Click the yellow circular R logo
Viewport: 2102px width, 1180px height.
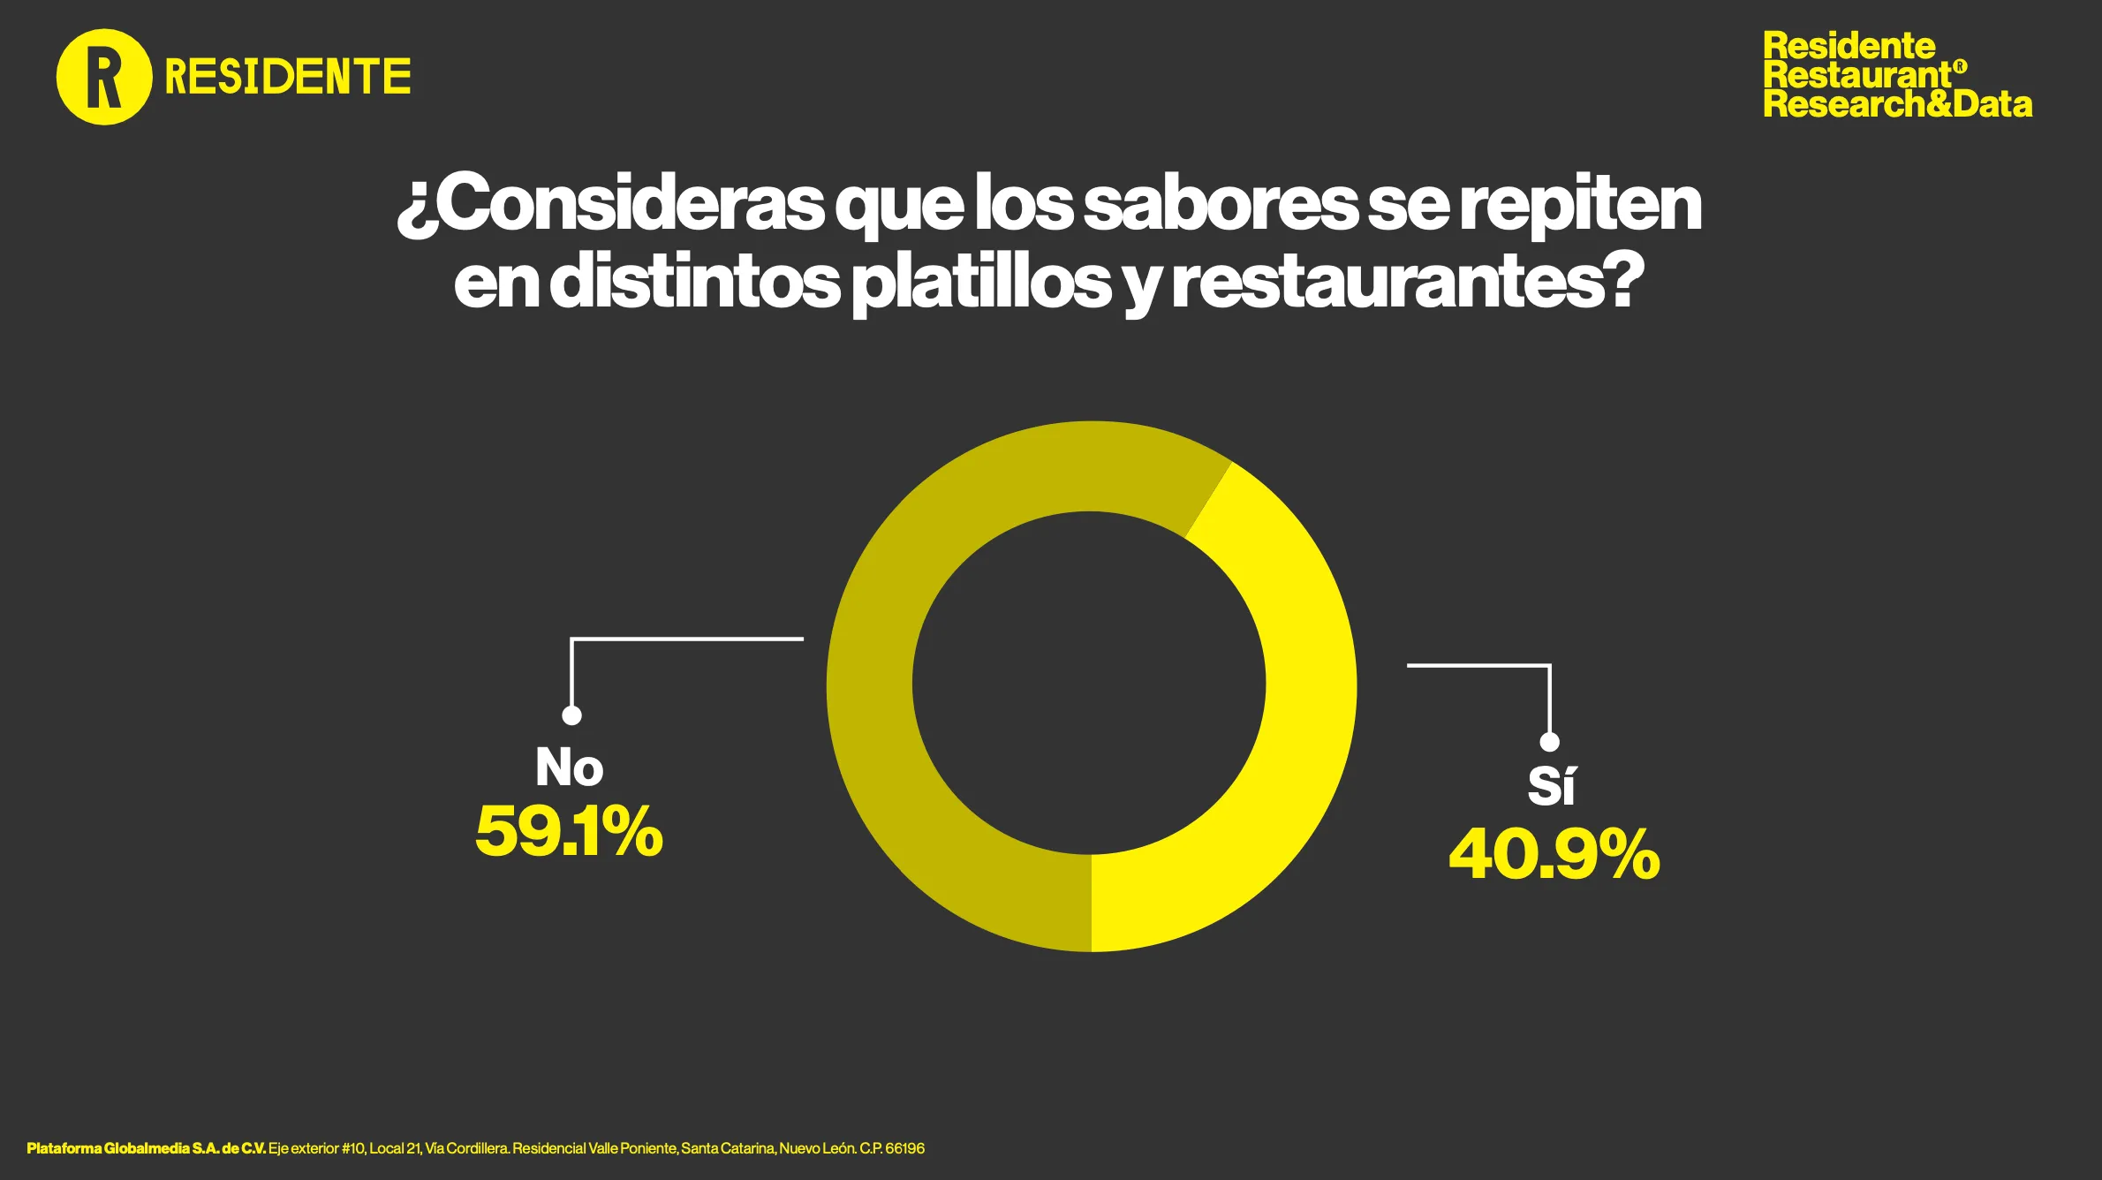[104, 77]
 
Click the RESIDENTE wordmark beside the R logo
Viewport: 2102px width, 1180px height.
[288, 77]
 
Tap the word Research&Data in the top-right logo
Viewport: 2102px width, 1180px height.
[1897, 104]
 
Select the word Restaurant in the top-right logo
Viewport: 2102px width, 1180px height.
[1857, 75]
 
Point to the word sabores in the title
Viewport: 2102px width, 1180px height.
[1220, 204]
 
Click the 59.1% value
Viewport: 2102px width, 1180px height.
[569, 832]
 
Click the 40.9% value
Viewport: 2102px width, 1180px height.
[1554, 854]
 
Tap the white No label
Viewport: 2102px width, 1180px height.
[570, 767]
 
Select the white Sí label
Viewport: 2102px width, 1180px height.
[1551, 784]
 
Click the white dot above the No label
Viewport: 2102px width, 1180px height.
[572, 715]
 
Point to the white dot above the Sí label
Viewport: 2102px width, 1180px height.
[1549, 742]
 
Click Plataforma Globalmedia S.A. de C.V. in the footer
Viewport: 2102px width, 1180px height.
[146, 1148]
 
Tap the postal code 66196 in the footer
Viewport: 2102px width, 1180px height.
[904, 1148]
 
